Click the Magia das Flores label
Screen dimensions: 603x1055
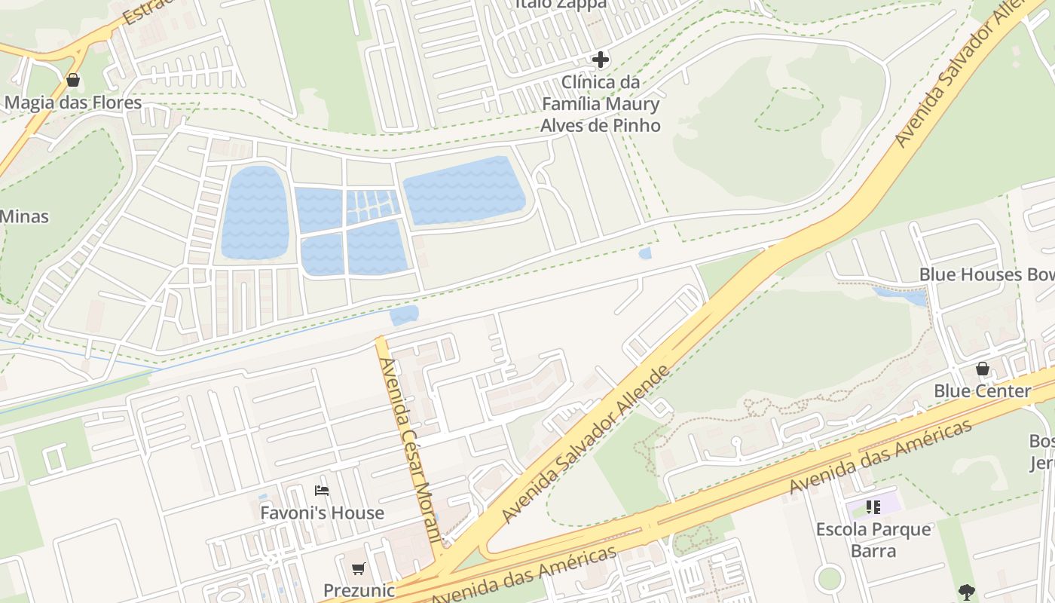[x=73, y=102]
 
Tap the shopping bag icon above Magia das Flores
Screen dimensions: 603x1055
[x=73, y=80]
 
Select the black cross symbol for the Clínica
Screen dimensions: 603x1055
[x=601, y=60]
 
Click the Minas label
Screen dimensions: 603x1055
[x=24, y=217]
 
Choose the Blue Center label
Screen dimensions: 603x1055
[x=982, y=391]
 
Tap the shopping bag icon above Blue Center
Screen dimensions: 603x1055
[x=982, y=369]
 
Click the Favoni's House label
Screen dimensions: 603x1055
[x=322, y=513]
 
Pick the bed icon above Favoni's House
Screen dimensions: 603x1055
[x=322, y=491]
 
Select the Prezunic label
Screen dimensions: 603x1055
[x=359, y=589]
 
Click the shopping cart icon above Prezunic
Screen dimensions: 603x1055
[x=359, y=568]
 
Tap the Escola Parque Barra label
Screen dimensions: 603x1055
[x=873, y=540]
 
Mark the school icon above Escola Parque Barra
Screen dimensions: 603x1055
[x=873, y=507]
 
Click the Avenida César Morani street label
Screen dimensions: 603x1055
[x=410, y=451]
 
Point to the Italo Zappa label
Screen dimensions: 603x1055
[x=561, y=4]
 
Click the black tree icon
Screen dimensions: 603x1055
[x=967, y=592]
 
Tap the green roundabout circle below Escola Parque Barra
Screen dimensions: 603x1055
[x=829, y=579]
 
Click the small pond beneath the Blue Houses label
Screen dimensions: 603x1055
[x=901, y=295]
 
